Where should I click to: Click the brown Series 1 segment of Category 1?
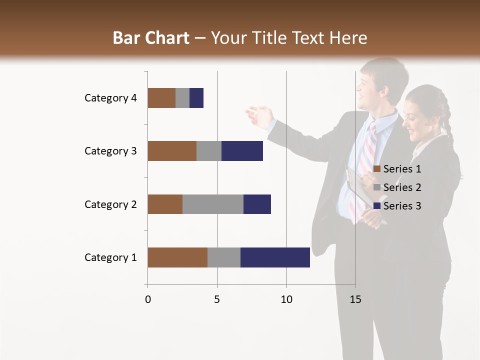(177, 257)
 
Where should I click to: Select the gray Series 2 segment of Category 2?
(213, 204)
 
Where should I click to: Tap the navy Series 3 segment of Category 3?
(242, 151)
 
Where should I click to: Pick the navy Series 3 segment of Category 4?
(196, 98)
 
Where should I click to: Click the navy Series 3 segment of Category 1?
(275, 257)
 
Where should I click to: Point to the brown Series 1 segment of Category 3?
(172, 151)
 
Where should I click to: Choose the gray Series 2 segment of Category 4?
(182, 98)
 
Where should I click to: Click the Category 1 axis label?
(110, 257)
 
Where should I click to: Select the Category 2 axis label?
(110, 204)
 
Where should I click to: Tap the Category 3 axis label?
(110, 151)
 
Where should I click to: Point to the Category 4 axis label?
(110, 98)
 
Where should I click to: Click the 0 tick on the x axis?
(148, 299)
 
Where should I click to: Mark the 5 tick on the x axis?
(217, 299)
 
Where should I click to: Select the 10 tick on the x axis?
(286, 299)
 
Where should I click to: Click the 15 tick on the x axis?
(355, 299)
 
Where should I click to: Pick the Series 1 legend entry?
(397, 169)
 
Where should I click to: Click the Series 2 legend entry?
(397, 187)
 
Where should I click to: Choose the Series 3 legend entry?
(397, 206)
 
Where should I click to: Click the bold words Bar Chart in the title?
(151, 38)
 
